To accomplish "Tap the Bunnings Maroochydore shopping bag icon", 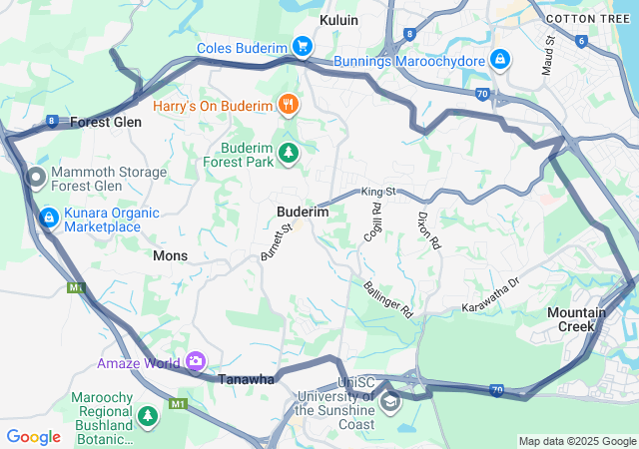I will click(499, 60).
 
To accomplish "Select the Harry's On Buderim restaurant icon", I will click(289, 104).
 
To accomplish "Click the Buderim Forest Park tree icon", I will click(289, 153).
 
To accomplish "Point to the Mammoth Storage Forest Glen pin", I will click(36, 178).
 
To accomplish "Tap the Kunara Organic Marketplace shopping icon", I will click(47, 217).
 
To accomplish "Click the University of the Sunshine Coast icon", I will click(389, 403).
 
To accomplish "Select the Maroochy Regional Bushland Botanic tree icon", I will click(148, 414).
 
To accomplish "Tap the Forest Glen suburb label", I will click(106, 122).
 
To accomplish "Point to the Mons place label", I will click(170, 255).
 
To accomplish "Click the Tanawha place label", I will click(246, 379).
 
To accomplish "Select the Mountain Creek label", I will click(576, 319).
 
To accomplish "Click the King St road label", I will click(379, 191).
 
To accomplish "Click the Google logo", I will click(33, 436).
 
